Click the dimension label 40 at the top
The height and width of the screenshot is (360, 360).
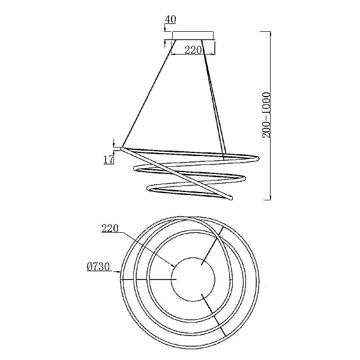(170, 19)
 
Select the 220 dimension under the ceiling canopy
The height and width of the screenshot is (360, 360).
(193, 50)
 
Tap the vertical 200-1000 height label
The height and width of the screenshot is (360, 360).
(266, 115)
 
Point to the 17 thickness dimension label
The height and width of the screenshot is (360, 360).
(109, 159)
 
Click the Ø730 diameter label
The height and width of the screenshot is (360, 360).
(98, 267)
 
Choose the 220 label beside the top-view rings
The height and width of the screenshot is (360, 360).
(110, 229)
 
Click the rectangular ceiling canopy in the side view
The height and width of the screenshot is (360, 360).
(193, 36)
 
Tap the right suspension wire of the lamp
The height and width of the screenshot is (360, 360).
(214, 97)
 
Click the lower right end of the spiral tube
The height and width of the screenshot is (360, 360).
(230, 197)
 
